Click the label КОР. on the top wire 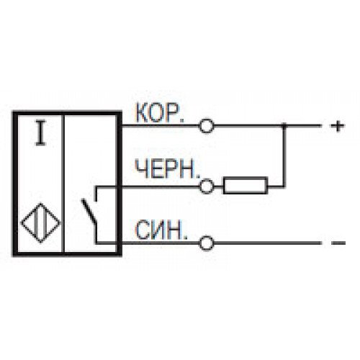[x=160, y=113]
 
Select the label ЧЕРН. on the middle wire [x=167, y=169]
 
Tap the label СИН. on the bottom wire [x=162, y=230]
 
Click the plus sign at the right [x=338, y=126]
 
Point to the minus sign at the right [x=338, y=243]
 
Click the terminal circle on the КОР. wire [x=206, y=126]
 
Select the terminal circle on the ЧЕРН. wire [x=206, y=186]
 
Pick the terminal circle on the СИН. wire [x=207, y=243]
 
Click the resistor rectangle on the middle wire [x=246, y=185]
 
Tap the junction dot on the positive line [x=284, y=125]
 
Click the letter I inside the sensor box [x=40, y=133]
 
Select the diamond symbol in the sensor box [x=41, y=222]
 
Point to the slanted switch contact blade [x=89, y=210]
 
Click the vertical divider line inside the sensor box [x=64, y=184]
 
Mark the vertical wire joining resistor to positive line [x=284, y=156]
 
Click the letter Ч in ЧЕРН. [x=140, y=169]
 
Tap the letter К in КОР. [x=143, y=113]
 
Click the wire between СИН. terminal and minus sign [x=267, y=243]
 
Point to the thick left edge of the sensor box [x=16, y=184]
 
